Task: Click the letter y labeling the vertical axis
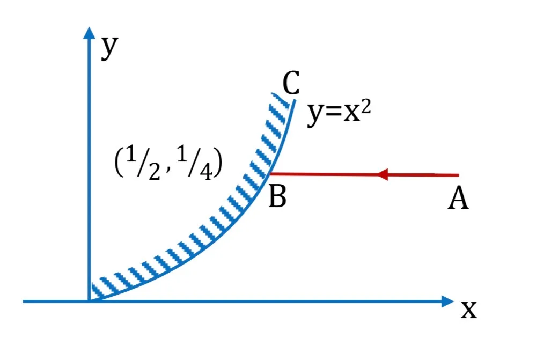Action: click(109, 48)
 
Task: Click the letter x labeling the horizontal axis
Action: click(469, 310)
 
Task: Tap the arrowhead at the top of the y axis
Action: click(89, 33)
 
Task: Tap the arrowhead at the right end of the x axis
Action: click(447, 302)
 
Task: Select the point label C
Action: click(291, 83)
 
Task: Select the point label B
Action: click(277, 196)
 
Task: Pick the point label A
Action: click(458, 197)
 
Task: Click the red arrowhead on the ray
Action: click(383, 174)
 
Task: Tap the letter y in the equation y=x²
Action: click(315, 114)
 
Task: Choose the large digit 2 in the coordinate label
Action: click(155, 172)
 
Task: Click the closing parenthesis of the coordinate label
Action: click(218, 163)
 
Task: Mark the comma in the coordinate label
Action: click(168, 170)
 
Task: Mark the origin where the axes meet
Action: click(89, 302)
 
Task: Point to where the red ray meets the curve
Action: click(270, 173)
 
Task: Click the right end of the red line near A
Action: click(459, 175)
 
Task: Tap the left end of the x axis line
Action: click(23, 302)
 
